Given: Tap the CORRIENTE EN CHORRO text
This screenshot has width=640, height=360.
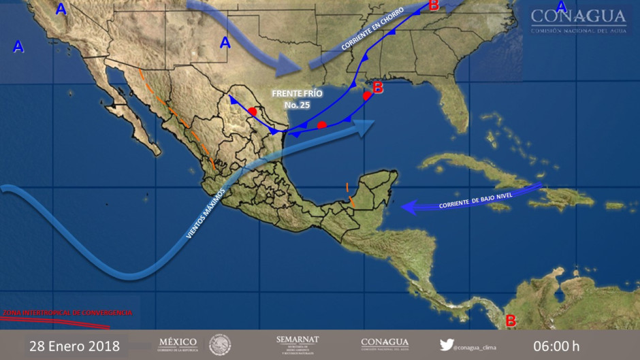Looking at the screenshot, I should click(372, 31).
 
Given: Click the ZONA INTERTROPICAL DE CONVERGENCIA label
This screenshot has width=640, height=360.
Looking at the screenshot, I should click(67, 312).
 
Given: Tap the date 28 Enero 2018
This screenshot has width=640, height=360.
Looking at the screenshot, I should click(74, 346).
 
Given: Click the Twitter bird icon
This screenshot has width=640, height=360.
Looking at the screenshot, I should click(446, 344).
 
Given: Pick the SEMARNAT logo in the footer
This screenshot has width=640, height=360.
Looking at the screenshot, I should click(297, 344).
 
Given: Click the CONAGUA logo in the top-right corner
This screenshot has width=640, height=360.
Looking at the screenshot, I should click(578, 20).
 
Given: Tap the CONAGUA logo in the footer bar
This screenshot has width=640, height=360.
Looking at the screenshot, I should click(385, 344).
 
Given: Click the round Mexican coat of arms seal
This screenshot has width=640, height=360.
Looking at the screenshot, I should click(220, 344).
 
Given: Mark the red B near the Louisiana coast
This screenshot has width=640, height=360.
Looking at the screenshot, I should click(378, 87).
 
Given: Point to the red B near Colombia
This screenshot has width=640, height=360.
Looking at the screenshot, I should click(510, 320).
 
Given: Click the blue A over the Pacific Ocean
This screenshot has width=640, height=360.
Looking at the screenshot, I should click(18, 47).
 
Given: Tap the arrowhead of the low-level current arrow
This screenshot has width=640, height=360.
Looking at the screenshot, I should click(407, 206).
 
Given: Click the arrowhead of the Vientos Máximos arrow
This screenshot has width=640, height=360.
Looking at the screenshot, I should click(368, 125).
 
